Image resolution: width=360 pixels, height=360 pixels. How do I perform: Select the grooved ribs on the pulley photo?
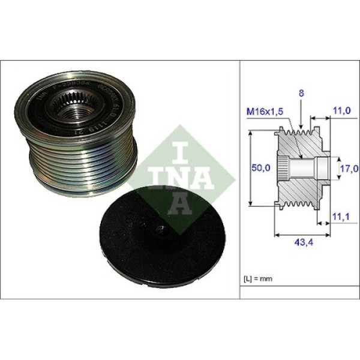pos(84,159)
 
